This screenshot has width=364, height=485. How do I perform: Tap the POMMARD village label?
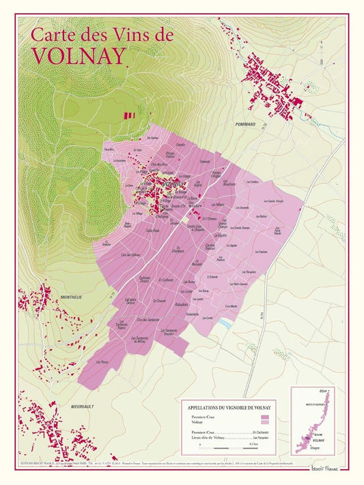click(244, 124)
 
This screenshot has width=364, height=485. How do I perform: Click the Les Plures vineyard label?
click(103, 362)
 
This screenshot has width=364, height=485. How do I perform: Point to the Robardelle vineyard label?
click(181, 304)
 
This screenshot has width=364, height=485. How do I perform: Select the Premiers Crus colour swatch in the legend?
click(265, 416)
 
